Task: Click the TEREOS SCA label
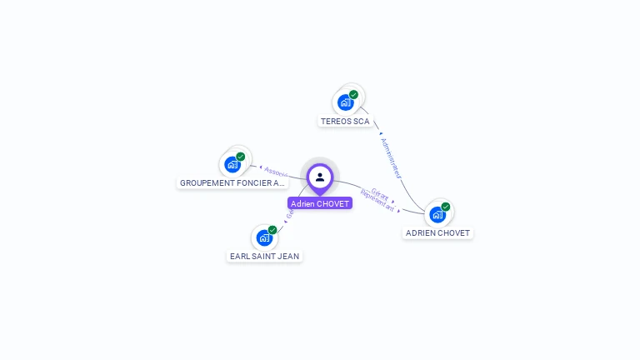345,122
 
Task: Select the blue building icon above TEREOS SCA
345,102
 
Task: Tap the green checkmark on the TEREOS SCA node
353,95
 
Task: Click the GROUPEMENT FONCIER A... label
232,182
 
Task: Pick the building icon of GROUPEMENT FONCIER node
232,164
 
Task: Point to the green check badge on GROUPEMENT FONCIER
241,157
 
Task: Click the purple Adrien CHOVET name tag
320,203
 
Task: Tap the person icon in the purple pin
320,177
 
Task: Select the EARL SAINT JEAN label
265,257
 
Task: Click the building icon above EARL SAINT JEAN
264,237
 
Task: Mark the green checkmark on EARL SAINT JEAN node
272,230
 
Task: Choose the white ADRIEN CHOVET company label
437,233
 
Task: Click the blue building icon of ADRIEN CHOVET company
437,214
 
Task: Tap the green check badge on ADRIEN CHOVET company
446,207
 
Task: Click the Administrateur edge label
391,158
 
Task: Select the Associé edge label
276,172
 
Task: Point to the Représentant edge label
377,200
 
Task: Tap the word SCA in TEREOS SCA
361,122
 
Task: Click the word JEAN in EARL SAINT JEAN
288,257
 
